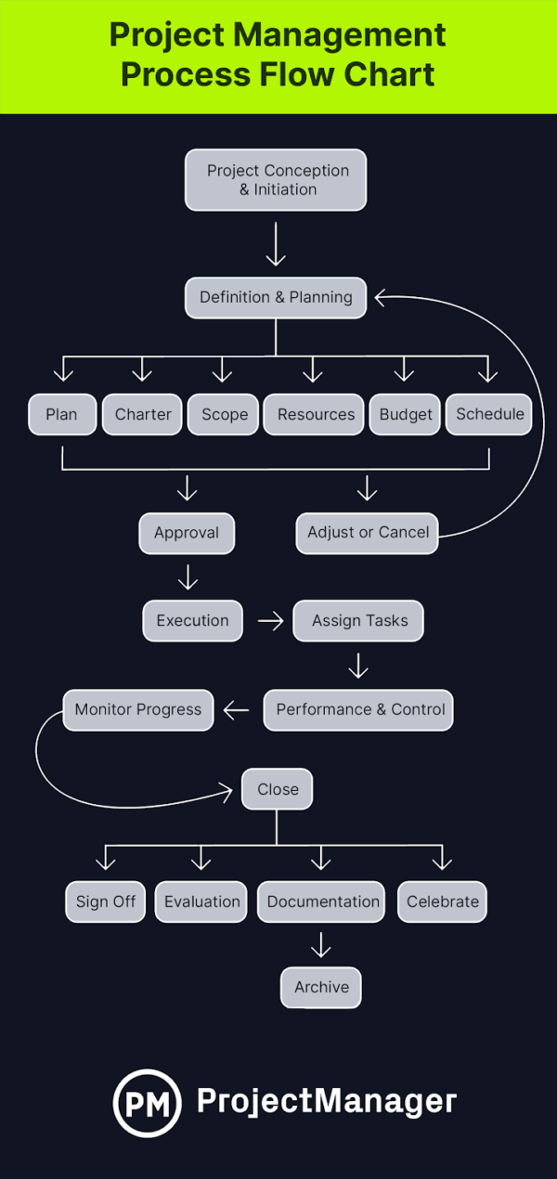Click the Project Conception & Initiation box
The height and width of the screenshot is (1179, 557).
[x=276, y=180]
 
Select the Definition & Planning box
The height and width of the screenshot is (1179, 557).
[x=276, y=298]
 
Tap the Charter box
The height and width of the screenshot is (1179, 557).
[x=142, y=415]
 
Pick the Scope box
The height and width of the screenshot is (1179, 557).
[x=224, y=415]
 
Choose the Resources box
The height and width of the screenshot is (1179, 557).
[x=316, y=415]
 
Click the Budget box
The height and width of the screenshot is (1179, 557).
[x=406, y=415]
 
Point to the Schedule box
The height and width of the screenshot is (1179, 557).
[x=489, y=414]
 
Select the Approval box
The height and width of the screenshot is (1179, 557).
[x=187, y=533]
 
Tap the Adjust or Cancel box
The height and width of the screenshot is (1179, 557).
[x=368, y=533]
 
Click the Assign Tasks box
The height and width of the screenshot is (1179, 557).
[x=358, y=621]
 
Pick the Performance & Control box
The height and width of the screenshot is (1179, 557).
[x=360, y=709]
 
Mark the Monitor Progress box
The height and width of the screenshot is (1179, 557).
[x=137, y=709]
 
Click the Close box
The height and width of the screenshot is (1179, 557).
[x=278, y=789]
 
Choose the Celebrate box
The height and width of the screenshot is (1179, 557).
[x=442, y=901]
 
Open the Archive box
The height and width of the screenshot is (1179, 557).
[x=321, y=988]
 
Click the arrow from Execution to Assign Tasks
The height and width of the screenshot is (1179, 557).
[x=270, y=621]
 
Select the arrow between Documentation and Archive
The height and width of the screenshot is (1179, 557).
[x=321, y=945]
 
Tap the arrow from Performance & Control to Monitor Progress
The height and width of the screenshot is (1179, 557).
[x=237, y=710]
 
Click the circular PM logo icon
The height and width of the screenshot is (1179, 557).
[x=147, y=1102]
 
